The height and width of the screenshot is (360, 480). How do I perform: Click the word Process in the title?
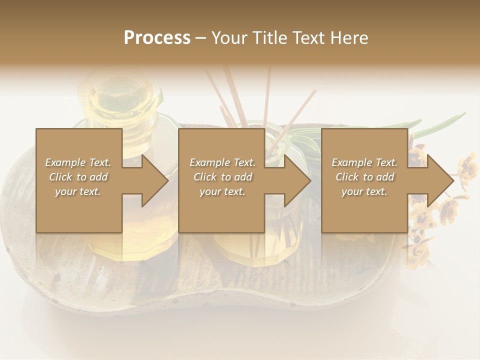click(157, 38)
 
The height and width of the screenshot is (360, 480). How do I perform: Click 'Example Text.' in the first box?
click(78, 162)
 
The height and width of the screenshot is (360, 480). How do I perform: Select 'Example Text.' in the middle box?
click(222, 162)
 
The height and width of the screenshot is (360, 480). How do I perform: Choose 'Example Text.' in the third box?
click(364, 162)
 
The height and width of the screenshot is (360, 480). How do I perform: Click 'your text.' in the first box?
click(78, 191)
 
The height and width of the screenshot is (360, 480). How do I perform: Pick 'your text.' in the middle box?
click(222, 191)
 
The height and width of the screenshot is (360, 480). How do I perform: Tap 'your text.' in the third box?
click(364, 191)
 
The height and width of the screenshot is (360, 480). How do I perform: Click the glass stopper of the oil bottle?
click(120, 95)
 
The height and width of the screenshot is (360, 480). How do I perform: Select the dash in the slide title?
click(200, 38)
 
